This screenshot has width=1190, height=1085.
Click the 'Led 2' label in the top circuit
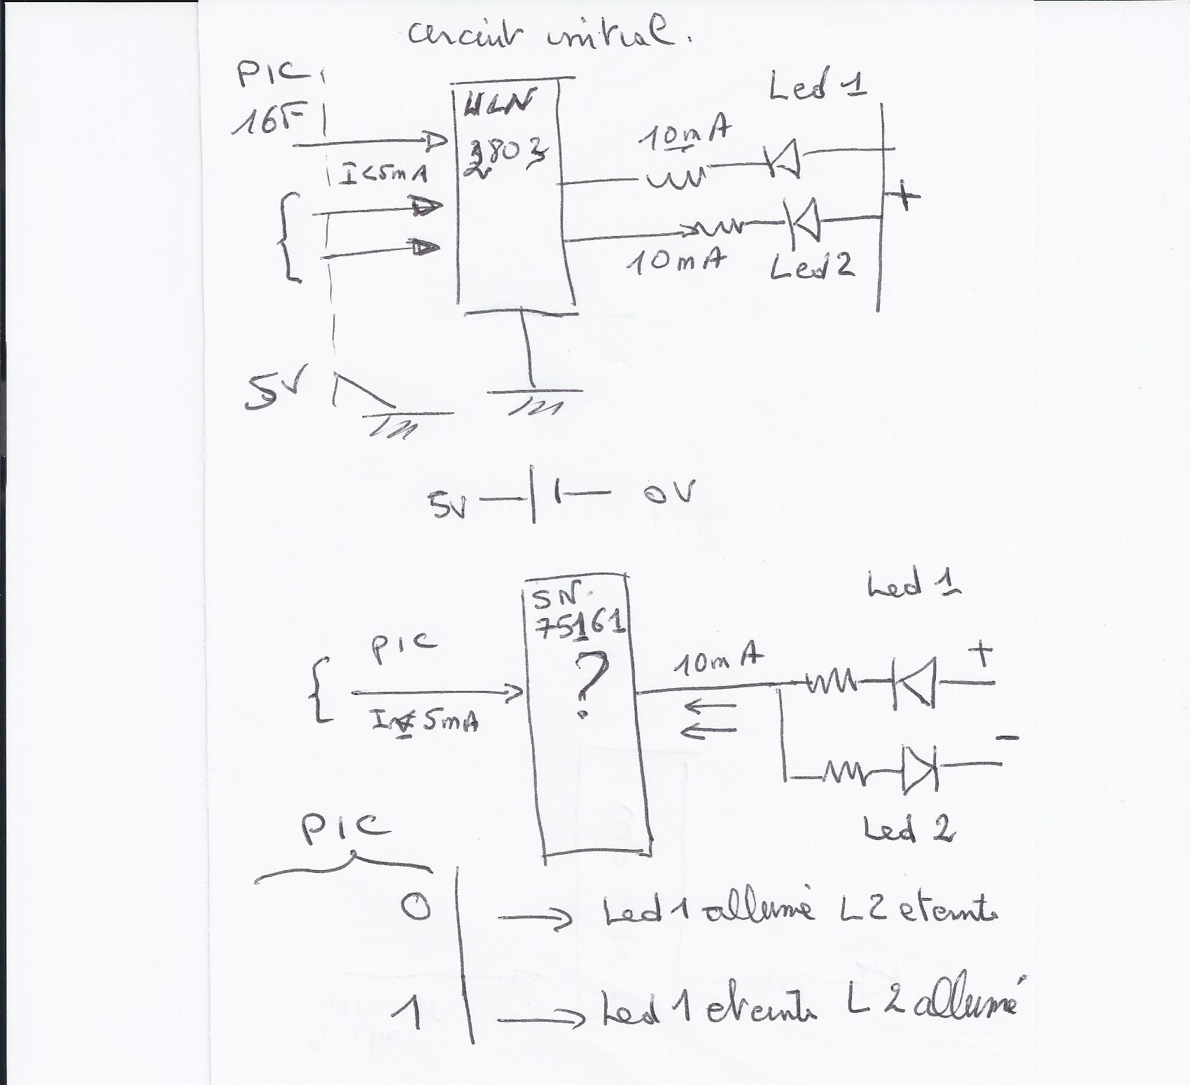click(x=812, y=266)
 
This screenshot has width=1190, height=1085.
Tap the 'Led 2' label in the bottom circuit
click(x=909, y=830)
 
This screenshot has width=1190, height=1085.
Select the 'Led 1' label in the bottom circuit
click(x=913, y=585)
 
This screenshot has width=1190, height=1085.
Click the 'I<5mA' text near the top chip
click(x=382, y=174)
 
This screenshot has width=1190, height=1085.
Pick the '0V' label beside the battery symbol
click(x=669, y=493)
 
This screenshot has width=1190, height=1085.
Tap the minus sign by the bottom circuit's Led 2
click(x=1006, y=737)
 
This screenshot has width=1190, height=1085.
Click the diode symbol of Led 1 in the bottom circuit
click(x=913, y=682)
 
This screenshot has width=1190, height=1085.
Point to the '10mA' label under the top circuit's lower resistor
click(x=675, y=262)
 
